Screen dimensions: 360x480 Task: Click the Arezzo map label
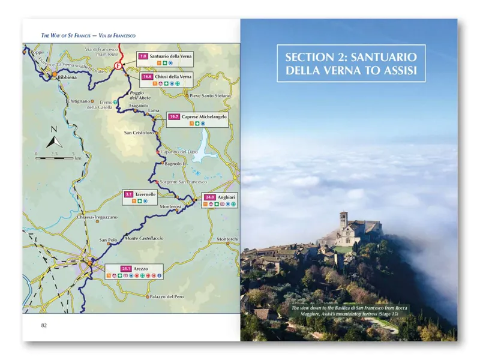pyautogui.click(x=142, y=268)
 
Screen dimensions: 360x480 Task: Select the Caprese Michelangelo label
pyautogui.click(x=205, y=116)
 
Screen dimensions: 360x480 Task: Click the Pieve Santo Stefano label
pyautogui.click(x=209, y=95)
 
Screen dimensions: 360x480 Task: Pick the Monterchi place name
pyautogui.click(x=227, y=239)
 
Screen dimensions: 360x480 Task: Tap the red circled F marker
pyautogui.click(x=118, y=65)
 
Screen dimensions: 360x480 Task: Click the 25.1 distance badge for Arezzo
pyautogui.click(x=126, y=268)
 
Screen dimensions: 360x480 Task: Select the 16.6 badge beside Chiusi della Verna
pyautogui.click(x=147, y=77)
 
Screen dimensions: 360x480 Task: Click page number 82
pyautogui.click(x=44, y=325)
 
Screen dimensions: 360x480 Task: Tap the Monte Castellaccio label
pyautogui.click(x=144, y=239)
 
